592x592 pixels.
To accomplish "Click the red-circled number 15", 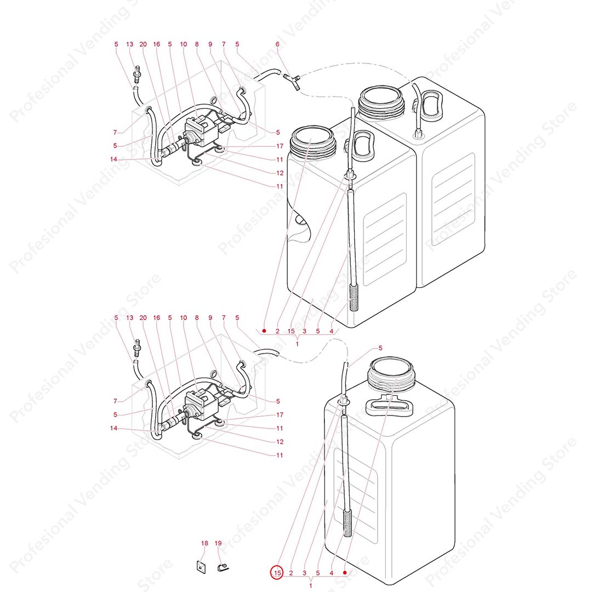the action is pos(277,572).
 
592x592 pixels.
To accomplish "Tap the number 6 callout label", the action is pos(277,44).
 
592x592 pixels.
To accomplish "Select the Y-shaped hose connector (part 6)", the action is pos(292,81).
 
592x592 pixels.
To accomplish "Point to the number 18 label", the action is pos(204,543).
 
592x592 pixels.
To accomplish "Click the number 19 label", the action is pos(218,543).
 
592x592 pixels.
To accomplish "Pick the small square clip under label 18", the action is pos(201,567).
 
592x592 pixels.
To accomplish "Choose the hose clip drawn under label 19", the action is pos(223,567).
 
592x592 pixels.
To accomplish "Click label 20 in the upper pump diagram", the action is pos(143,44).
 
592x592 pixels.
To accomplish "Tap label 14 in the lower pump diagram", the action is pos(113,428).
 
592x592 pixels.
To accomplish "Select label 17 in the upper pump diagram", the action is pos(280,146).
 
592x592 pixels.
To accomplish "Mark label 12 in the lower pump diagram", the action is pos(280,442).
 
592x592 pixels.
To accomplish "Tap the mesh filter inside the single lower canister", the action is pos(348,523).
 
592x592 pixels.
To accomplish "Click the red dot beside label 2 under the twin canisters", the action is pos(264,331).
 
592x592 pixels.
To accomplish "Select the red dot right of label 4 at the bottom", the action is pos(345,572).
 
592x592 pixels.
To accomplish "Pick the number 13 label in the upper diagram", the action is pos(129,44).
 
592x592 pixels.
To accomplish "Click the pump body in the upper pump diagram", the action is pos(199,130).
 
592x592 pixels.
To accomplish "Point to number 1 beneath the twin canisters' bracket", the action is pos(297,344).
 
